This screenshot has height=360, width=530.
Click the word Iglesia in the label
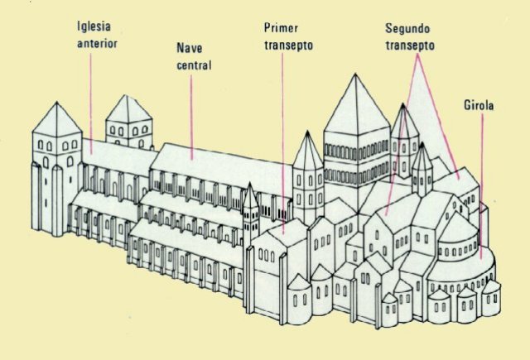[93, 26]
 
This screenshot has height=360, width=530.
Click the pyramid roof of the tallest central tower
[356, 103]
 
